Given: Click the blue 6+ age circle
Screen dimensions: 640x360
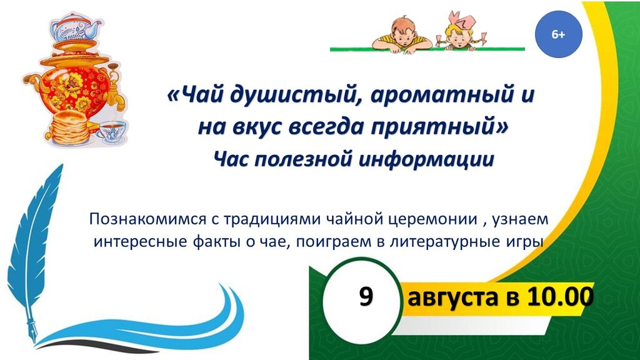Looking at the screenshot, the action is pos(558,34).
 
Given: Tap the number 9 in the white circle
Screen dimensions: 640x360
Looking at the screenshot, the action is pos(366,296).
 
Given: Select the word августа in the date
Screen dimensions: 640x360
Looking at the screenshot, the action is pos(453,297).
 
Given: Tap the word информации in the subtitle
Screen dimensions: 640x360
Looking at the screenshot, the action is pos(426,159).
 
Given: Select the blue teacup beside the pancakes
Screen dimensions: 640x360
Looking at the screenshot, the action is pos(112,131).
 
